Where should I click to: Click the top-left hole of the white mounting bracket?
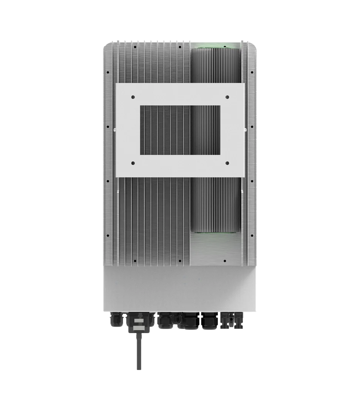pos(133,97)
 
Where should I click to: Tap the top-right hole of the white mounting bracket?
pos(227,97)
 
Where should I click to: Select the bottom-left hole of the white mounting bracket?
pos(133,163)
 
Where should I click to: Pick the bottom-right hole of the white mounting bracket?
pos(227,163)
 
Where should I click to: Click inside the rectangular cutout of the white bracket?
pos(180,130)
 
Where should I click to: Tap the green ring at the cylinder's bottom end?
pos(215,233)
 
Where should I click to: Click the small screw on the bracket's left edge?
pos(114,130)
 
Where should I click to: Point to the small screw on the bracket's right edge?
pos(246,130)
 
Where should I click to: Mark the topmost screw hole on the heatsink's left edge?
pos(107,72)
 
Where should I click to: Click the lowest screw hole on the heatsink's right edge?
pos(252,236)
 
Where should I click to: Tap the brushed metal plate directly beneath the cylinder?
pos(215,250)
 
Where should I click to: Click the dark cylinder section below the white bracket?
pos(215,204)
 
